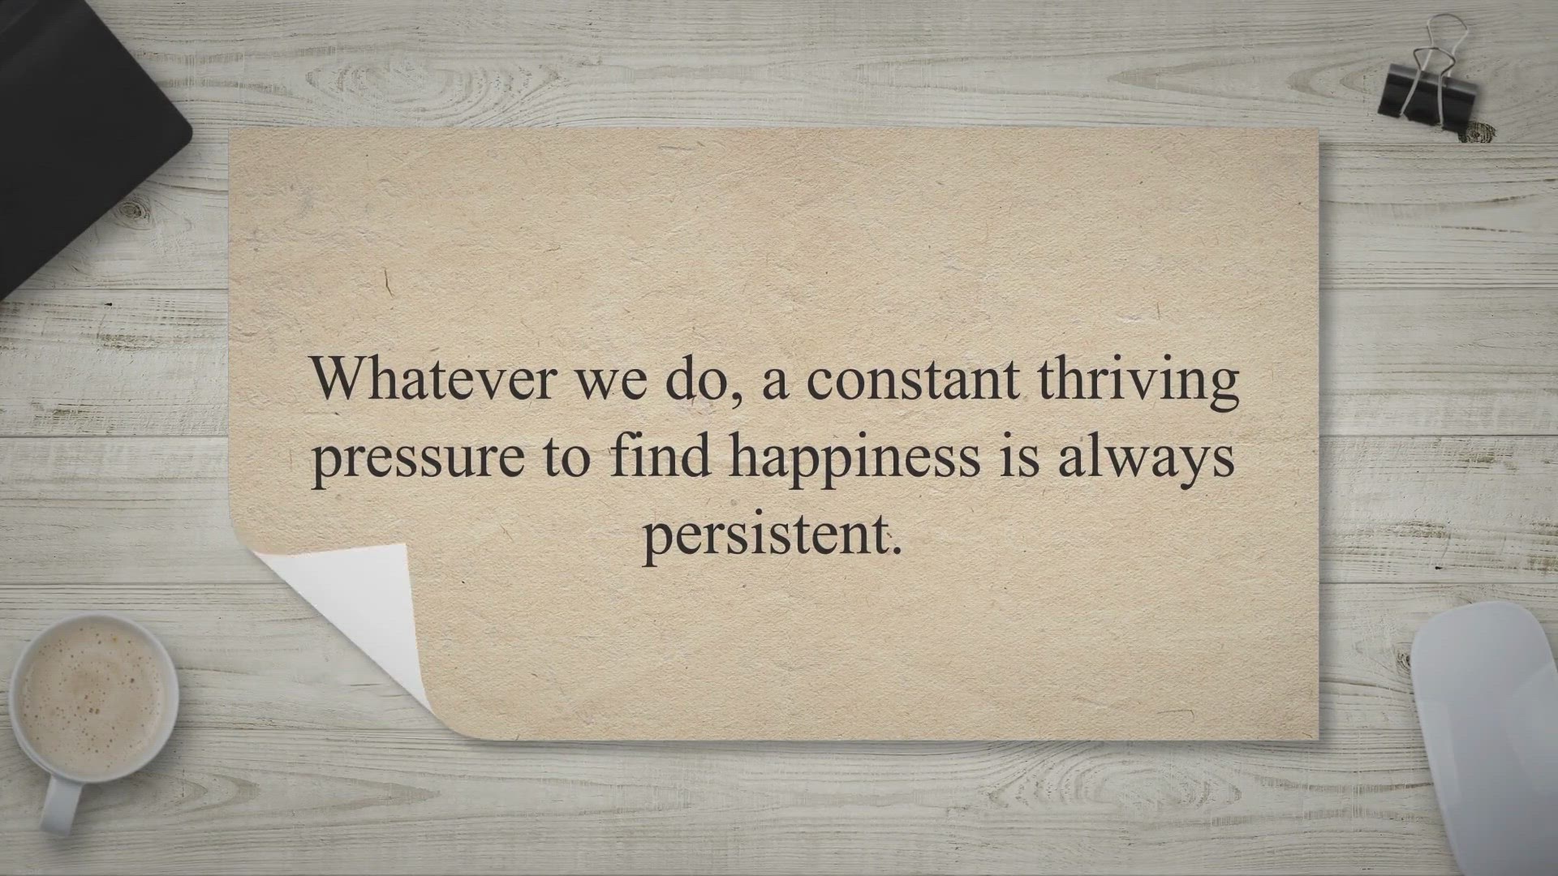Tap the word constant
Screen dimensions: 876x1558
click(x=913, y=380)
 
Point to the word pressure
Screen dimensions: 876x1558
click(x=417, y=459)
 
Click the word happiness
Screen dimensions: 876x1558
click(x=854, y=459)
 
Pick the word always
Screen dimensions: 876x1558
click(x=1146, y=459)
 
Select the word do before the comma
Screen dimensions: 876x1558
click(x=694, y=380)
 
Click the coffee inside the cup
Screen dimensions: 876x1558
click(x=93, y=698)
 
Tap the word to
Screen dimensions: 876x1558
click(x=567, y=457)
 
